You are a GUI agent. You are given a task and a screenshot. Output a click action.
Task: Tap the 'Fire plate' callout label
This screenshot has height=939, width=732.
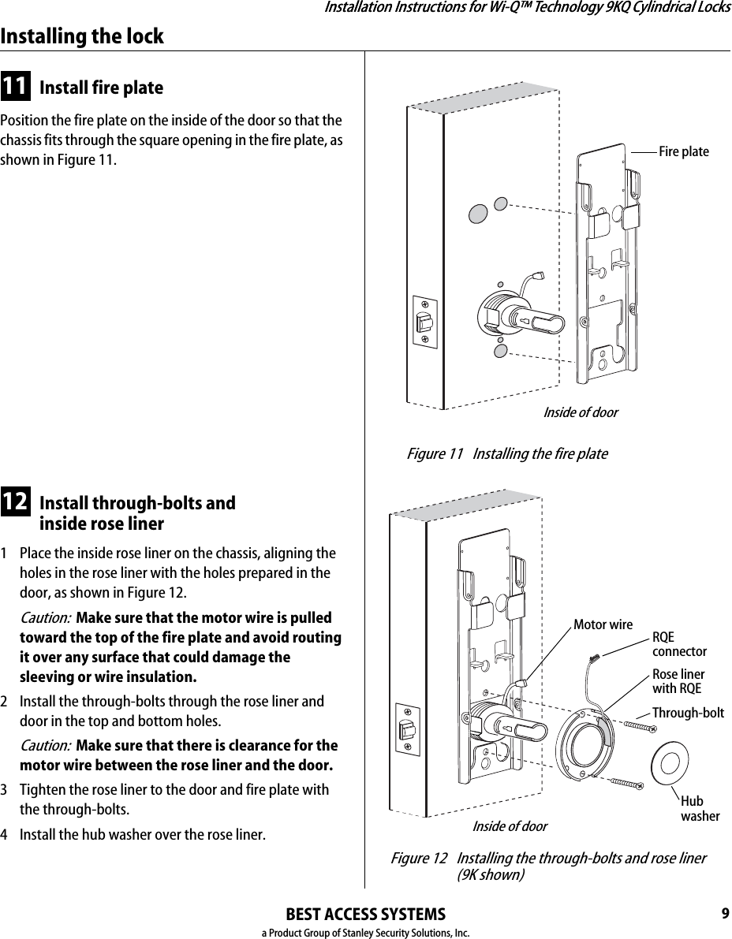tap(683, 151)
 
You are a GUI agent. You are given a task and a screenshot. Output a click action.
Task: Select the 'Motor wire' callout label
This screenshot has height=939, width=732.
tap(603, 625)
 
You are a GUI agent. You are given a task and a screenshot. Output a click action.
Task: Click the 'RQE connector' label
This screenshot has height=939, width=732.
tap(678, 645)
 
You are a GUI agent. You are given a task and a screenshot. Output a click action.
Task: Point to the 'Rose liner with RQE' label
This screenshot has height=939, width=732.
tap(678, 682)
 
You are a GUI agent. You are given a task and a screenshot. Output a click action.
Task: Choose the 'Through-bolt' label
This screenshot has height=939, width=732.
tap(687, 714)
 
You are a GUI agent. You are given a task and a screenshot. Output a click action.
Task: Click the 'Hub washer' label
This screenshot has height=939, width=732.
tap(699, 809)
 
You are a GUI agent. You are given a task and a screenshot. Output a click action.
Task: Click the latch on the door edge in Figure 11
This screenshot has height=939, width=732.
tap(425, 322)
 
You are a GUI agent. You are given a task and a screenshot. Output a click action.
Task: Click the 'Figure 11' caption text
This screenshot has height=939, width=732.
tap(506, 454)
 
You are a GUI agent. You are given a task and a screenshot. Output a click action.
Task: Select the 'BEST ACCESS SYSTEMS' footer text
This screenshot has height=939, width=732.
tap(365, 915)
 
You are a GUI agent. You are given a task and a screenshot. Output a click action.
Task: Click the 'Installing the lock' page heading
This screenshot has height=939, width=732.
tap(82, 36)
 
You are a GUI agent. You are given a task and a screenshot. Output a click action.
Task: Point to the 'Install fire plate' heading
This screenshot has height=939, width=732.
tap(101, 88)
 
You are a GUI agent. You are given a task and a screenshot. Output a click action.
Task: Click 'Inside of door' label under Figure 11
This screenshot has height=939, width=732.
tap(580, 413)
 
